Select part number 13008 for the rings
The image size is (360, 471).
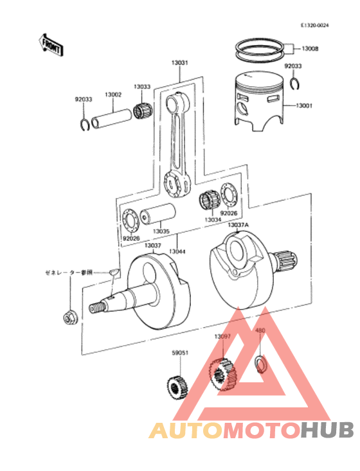[x=310, y=48]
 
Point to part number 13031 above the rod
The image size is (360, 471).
[x=179, y=63]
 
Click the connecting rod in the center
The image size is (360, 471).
[x=177, y=145]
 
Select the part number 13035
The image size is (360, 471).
[x=161, y=231]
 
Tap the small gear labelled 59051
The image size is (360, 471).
[x=175, y=386]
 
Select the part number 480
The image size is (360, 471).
[x=260, y=331]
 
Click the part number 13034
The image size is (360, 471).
[x=213, y=220]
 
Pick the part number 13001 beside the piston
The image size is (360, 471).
[x=304, y=106]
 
